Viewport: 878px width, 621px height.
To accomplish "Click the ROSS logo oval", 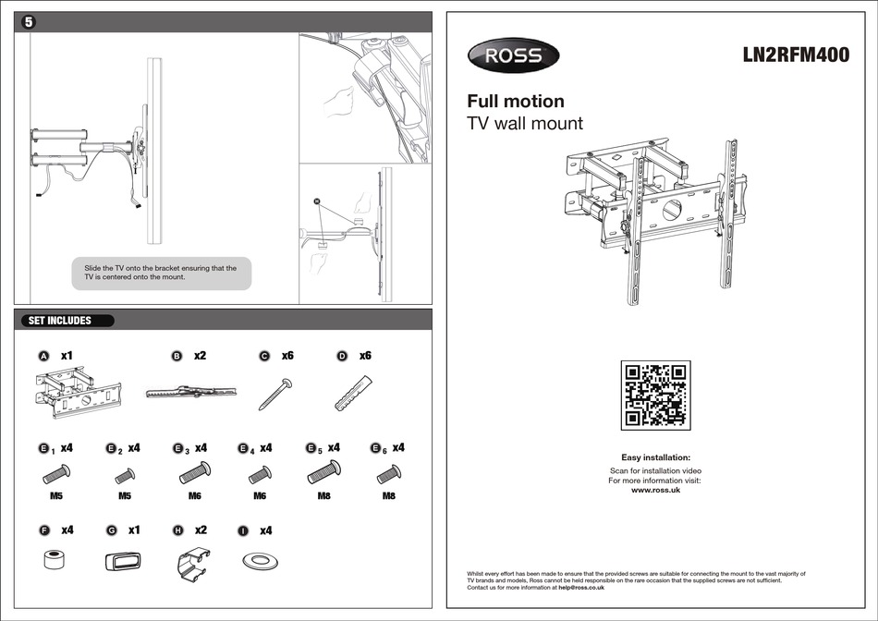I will [513, 56].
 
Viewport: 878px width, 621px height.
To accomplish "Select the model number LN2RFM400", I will [796, 55].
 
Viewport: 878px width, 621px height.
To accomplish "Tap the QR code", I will [655, 396].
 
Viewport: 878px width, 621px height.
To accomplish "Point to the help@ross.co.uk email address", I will [581, 587].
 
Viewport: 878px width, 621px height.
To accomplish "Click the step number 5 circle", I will [29, 22].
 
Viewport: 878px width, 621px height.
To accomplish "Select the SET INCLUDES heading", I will [61, 321].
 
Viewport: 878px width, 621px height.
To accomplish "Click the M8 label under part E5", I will [324, 496].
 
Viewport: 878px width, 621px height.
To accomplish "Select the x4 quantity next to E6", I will [398, 447].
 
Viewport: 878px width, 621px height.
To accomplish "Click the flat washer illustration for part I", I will [261, 561].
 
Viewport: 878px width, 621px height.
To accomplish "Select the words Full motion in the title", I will [515, 101].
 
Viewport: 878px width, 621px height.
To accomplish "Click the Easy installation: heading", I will [655, 457].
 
